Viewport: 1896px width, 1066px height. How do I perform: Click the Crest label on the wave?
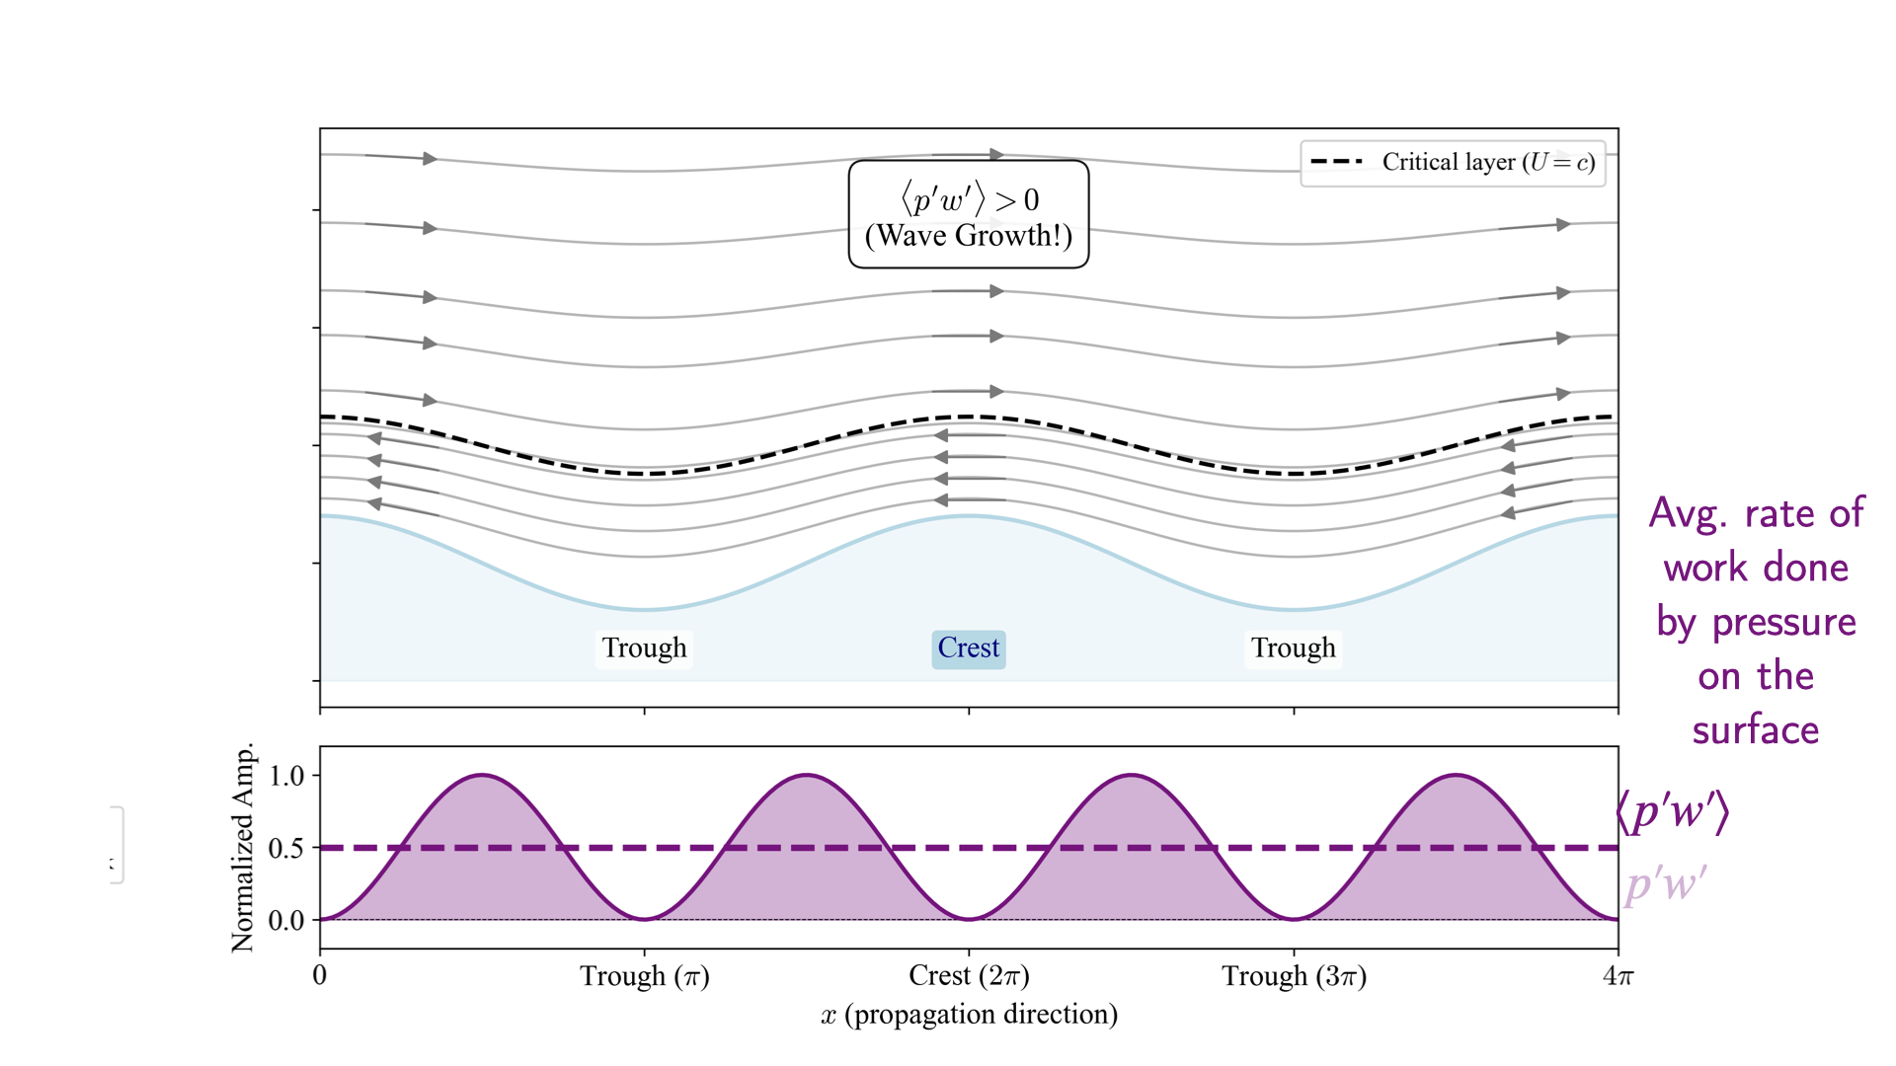point(969,648)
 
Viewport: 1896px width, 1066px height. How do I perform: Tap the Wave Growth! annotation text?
point(968,236)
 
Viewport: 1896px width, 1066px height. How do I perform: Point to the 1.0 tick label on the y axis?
point(286,776)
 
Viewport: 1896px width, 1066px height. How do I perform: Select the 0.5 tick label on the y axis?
point(286,848)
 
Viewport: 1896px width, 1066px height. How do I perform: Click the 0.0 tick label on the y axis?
point(286,920)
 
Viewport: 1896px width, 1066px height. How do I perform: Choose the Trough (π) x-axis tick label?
point(644,976)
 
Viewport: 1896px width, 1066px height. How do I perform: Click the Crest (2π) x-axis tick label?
point(969,976)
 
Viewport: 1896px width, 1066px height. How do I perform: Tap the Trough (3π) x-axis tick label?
point(1294,976)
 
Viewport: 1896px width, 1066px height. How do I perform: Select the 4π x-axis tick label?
point(1619,976)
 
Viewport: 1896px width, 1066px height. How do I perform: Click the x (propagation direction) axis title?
point(969,1015)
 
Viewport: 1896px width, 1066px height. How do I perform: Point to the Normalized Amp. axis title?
point(243,848)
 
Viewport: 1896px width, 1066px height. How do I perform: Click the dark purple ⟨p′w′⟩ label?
point(1672,811)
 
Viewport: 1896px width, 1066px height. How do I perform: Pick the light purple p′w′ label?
point(1666,883)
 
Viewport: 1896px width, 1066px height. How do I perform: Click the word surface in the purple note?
point(1755,730)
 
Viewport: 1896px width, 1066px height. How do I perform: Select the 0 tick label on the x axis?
point(320,976)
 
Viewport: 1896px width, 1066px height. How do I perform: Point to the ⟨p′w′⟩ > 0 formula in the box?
point(969,200)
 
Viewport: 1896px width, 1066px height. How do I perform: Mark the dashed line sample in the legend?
point(1336,161)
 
